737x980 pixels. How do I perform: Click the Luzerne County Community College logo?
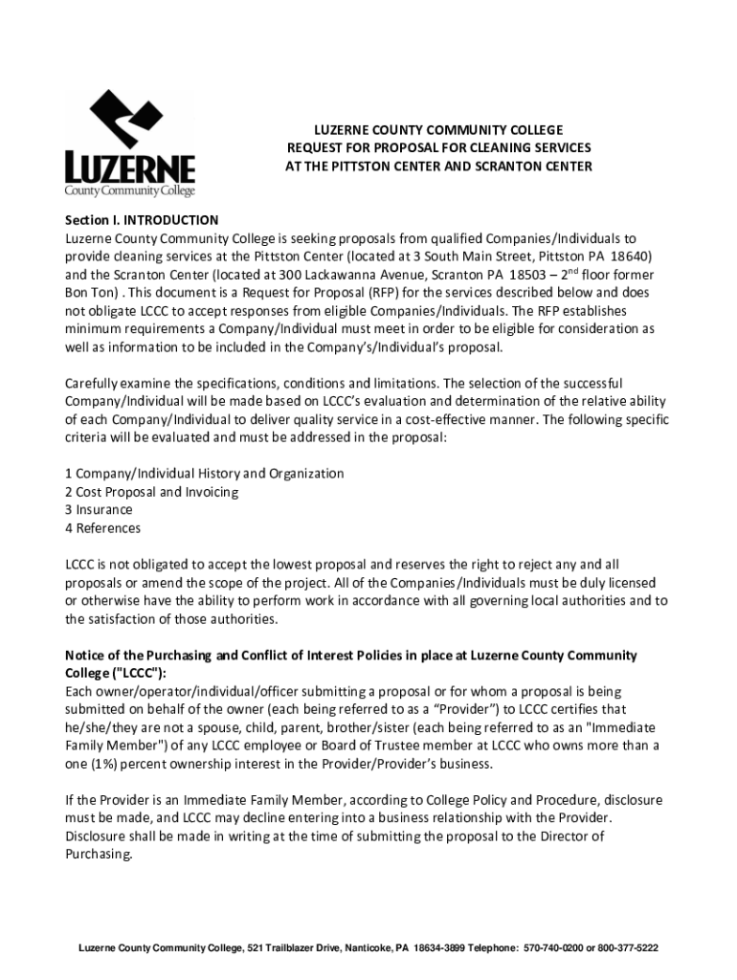tap(129, 144)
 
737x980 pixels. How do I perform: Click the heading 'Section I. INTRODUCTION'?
tap(142, 220)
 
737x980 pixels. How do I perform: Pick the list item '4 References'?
tap(102, 528)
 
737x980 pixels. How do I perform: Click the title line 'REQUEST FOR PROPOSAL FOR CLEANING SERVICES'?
tap(438, 147)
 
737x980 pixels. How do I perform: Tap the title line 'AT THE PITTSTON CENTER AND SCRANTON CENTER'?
tap(438, 166)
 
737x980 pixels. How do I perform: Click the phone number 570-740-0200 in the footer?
tap(556, 948)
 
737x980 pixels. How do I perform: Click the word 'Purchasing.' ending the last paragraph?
tap(99, 855)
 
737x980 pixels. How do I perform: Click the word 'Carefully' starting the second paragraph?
tap(94, 383)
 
